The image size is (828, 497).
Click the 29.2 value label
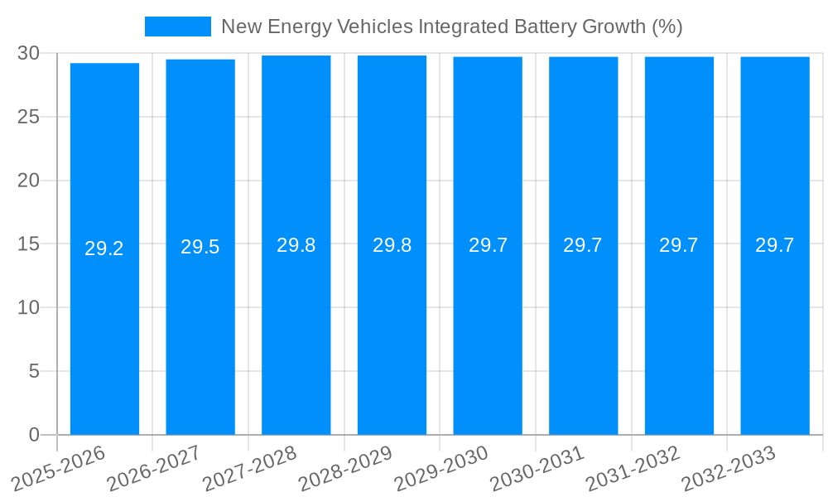point(104,248)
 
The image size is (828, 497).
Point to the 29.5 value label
point(200,247)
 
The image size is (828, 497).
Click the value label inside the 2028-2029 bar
point(392,245)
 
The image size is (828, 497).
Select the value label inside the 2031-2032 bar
point(679,245)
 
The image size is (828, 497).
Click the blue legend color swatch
point(178,27)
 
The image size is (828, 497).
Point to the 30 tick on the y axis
point(29,53)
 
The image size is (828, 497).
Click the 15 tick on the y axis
point(29,244)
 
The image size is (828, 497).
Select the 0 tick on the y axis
point(34,435)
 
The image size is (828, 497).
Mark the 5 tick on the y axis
point(34,371)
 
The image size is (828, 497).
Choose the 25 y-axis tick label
point(29,117)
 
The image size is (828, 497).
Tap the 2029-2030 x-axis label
point(441,469)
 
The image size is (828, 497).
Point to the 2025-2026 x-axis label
point(58,469)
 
